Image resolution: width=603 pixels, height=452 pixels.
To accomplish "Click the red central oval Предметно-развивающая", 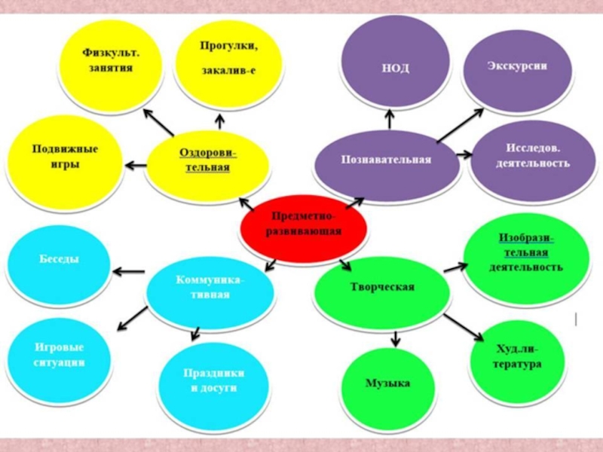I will (304, 224).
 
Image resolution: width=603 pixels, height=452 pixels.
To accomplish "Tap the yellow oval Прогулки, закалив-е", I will (228, 60).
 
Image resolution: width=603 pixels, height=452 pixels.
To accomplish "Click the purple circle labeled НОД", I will (392, 65).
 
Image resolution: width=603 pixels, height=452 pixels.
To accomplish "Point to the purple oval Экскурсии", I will (516, 66).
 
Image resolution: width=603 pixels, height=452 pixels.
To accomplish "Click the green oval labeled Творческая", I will (382, 290).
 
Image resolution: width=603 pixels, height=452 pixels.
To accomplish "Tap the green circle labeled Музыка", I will (387, 386).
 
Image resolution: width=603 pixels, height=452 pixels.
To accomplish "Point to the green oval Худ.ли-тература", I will (518, 359).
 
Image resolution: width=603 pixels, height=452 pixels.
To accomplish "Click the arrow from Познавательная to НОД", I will (390, 118).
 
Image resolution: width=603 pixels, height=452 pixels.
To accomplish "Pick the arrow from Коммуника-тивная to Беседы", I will (128, 271).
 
